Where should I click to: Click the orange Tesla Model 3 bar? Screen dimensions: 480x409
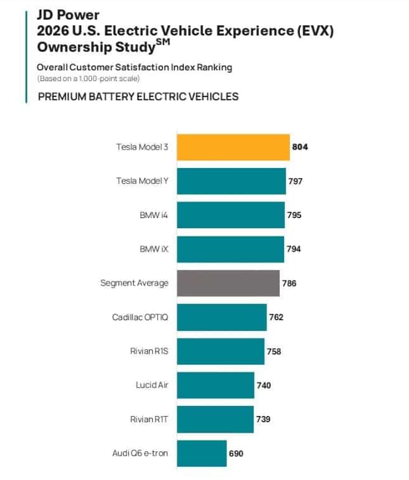[233, 147]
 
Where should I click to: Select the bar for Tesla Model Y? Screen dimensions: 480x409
[231, 181]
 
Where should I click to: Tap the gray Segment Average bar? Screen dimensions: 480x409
[228, 283]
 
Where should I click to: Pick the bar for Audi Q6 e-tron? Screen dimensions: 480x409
[202, 453]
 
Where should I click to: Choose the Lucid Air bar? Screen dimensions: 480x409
[216, 385]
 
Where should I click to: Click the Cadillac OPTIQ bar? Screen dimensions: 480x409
[221, 317]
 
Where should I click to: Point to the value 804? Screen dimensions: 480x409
[300, 147]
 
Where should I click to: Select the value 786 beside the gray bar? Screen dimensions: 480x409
[289, 283]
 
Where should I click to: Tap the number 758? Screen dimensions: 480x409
[274, 351]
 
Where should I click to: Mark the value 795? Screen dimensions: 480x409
[294, 215]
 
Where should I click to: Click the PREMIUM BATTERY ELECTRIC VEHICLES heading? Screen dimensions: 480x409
[138, 96]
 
